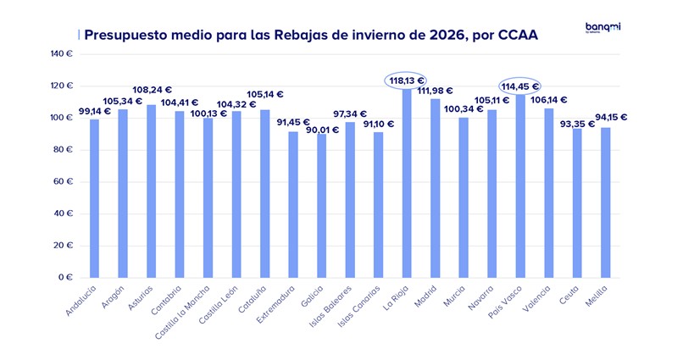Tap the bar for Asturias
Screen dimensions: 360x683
point(151,191)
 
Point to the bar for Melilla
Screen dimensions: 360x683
point(605,202)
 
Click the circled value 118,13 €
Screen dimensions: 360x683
point(407,80)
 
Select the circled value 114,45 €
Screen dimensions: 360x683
point(520,86)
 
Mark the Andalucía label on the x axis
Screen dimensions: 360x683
point(82,301)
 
